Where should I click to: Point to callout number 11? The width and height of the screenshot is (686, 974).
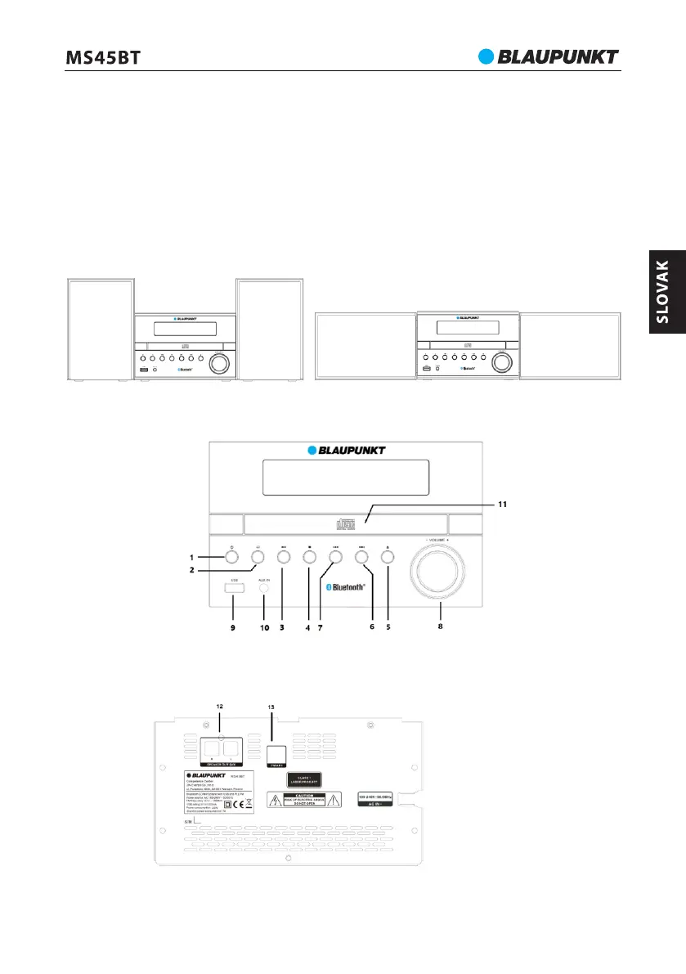coord(503,505)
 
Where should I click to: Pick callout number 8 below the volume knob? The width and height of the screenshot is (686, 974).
coord(442,628)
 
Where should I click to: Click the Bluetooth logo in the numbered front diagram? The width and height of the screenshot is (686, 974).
coord(343,586)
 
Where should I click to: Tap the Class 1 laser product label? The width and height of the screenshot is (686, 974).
coord(309,778)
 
